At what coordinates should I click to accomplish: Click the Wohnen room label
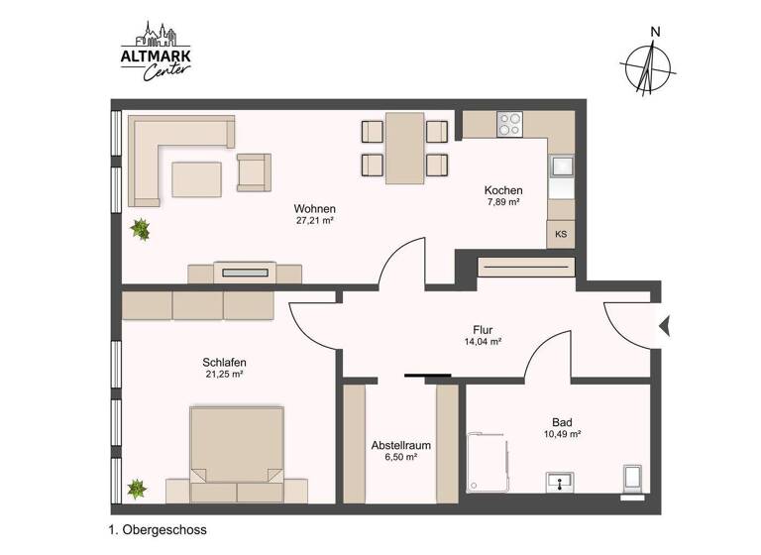pyautogui.click(x=314, y=209)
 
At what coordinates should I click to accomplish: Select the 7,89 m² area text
pyautogui.click(x=503, y=202)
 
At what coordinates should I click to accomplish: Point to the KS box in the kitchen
pyautogui.click(x=561, y=235)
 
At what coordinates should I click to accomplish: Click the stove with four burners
pyautogui.click(x=510, y=124)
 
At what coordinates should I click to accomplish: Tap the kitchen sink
pyautogui.click(x=562, y=167)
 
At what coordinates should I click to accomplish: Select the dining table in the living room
pyautogui.click(x=405, y=148)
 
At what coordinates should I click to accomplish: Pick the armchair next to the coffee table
pyautogui.click(x=253, y=172)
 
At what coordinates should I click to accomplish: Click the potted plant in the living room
pyautogui.click(x=141, y=230)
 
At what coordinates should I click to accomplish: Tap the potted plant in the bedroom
pyautogui.click(x=137, y=489)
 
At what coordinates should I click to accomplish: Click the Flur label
pyautogui.click(x=483, y=330)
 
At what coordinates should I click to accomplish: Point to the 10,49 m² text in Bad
pyautogui.click(x=562, y=434)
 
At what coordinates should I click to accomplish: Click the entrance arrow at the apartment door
pyautogui.click(x=665, y=324)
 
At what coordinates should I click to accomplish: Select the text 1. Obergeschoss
pyautogui.click(x=158, y=530)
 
